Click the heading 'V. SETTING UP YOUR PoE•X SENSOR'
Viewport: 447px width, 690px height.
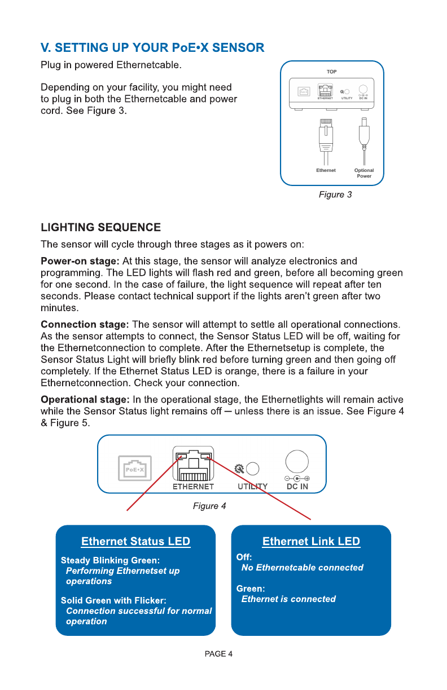point(152,47)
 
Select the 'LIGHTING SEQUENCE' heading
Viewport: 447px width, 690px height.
point(100,228)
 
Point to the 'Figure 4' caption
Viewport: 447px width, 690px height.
point(209,506)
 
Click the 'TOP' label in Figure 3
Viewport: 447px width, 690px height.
point(332,72)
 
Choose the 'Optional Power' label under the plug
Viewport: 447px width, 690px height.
point(364,173)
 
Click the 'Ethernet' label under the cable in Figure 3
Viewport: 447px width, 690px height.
point(326,170)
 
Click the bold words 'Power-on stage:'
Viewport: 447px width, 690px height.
point(80,261)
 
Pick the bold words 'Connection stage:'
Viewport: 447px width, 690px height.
point(85,325)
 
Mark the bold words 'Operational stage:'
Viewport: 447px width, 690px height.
point(85,400)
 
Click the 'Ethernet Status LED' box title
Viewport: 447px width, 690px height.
point(135,542)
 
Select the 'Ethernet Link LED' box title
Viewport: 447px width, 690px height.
point(311,542)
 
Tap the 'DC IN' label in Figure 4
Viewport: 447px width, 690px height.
point(297,486)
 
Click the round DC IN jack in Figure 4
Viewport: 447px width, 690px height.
point(296,462)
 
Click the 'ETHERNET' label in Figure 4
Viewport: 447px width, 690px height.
point(193,486)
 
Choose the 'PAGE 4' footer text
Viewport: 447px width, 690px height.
point(218,654)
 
